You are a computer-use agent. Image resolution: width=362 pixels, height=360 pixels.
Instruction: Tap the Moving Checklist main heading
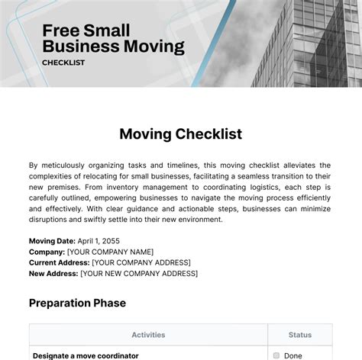click(181, 133)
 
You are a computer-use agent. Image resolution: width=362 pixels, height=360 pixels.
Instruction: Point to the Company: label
click(47, 252)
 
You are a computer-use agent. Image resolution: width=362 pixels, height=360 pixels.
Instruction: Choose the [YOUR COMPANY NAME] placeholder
click(110, 252)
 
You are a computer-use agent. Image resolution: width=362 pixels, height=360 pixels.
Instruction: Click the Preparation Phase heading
click(77, 303)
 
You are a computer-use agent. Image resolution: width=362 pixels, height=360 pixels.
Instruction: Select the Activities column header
click(148, 334)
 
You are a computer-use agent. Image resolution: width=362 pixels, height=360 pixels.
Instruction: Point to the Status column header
click(299, 334)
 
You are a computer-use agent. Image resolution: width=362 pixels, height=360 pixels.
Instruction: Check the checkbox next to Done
click(276, 355)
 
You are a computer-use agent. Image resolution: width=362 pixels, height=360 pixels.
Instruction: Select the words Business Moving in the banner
click(113, 47)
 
